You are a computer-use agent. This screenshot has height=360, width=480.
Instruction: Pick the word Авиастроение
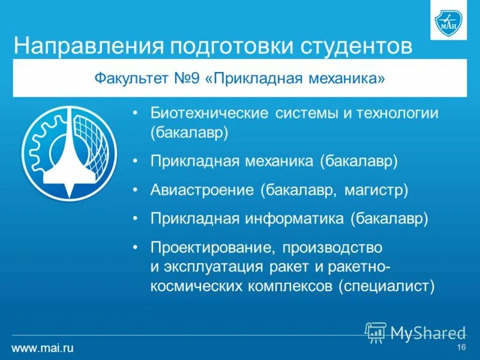[x=202, y=190]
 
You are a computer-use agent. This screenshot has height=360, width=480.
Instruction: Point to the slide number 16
[x=461, y=348]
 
